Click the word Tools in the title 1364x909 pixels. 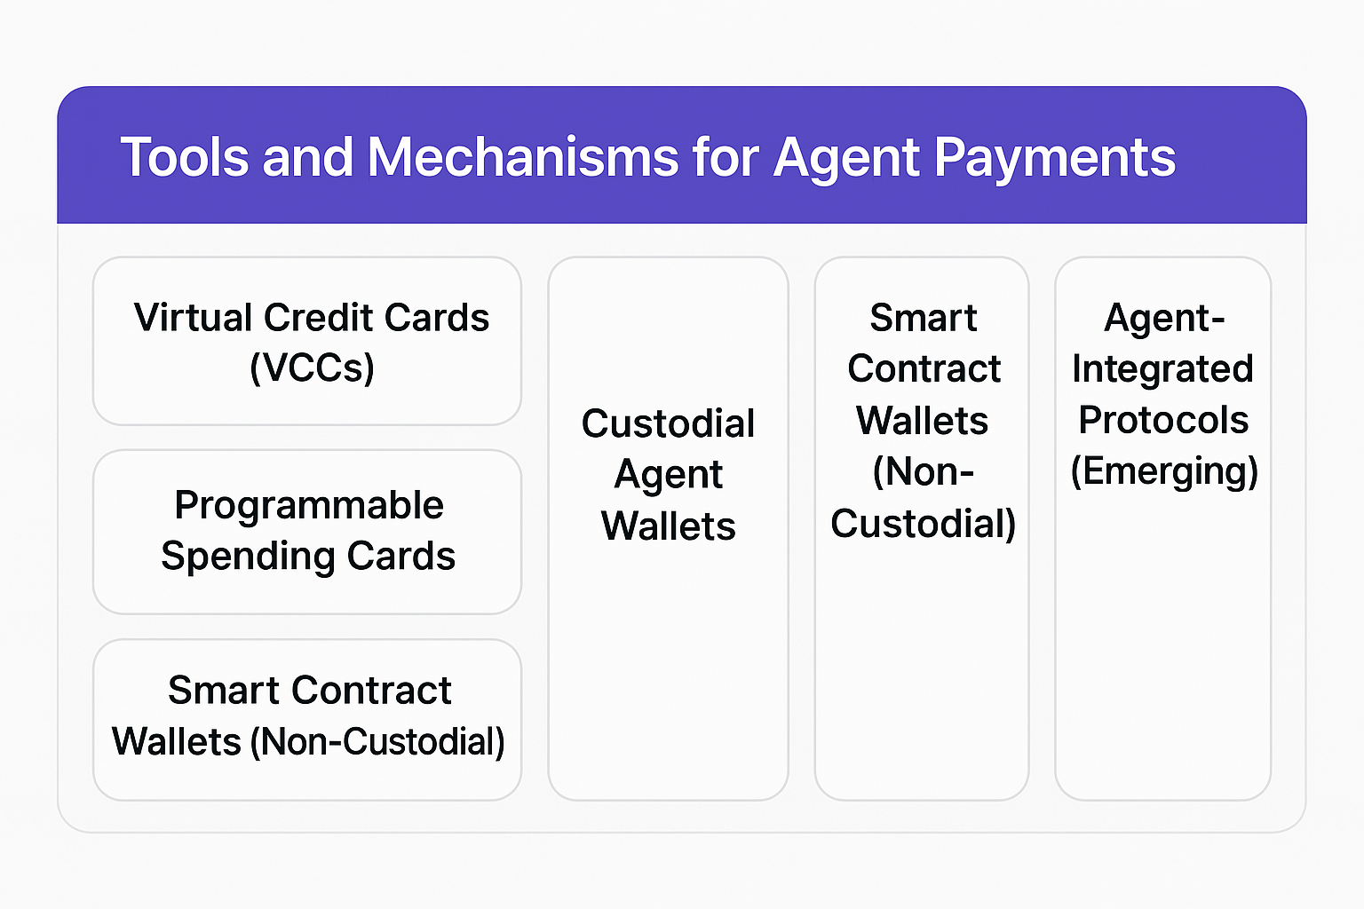[x=185, y=157]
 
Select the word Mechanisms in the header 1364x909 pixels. [x=522, y=157]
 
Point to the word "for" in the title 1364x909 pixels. [x=726, y=157]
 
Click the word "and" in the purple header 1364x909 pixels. [x=307, y=157]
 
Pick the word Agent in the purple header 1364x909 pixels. [x=846, y=160]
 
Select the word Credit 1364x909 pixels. [x=318, y=317]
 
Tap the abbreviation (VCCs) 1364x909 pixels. [x=312, y=368]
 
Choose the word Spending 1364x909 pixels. [x=248, y=557]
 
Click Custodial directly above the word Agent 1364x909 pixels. [x=668, y=423]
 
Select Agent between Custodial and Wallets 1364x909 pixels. [x=668, y=476]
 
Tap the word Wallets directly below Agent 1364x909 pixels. [x=668, y=526]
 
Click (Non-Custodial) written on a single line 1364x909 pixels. [x=377, y=742]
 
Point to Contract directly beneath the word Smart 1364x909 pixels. [x=924, y=368]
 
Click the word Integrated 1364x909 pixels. [x=1162, y=369]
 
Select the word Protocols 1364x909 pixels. [x=1163, y=420]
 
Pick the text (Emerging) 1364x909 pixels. [x=1163, y=472]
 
